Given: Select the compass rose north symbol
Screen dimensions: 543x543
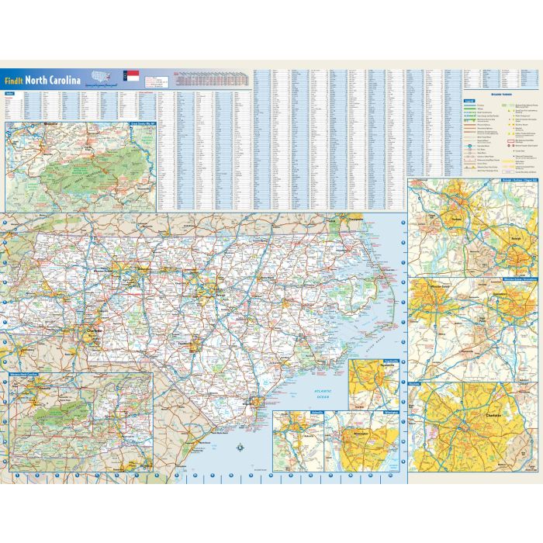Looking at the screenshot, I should [x=240, y=446].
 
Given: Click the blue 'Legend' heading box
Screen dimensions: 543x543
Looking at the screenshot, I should [x=469, y=100].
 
